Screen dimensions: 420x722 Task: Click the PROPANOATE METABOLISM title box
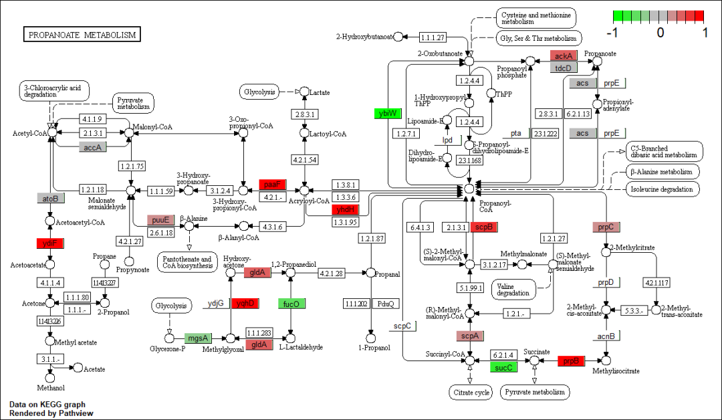click(x=82, y=34)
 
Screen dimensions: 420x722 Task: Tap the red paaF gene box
click(x=273, y=185)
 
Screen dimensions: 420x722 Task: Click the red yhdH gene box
click(x=346, y=209)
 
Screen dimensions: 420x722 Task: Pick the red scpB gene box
click(x=485, y=227)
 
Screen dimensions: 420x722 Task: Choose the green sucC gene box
click(x=503, y=367)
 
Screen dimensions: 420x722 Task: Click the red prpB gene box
click(x=571, y=361)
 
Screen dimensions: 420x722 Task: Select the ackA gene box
click(x=563, y=56)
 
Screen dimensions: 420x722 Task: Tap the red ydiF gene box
click(x=49, y=243)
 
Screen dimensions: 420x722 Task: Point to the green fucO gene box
click(x=291, y=304)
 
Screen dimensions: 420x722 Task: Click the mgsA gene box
click(x=198, y=338)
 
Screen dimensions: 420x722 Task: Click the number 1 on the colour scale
click(x=705, y=32)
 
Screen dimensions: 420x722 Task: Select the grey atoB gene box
click(x=50, y=198)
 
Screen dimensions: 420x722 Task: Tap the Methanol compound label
click(x=50, y=388)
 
